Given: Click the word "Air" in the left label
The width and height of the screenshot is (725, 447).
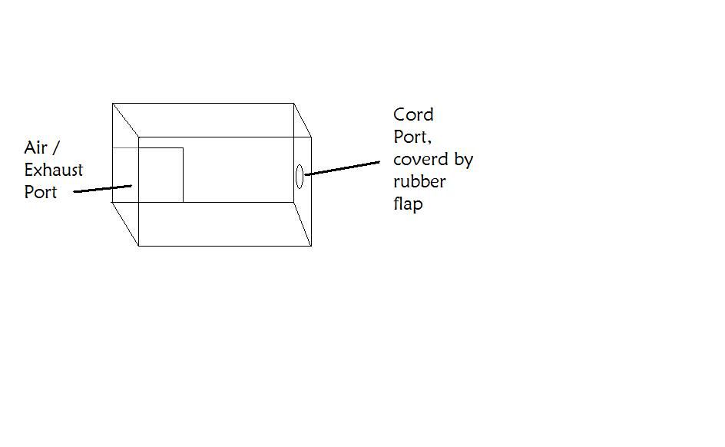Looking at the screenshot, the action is (x=35, y=148).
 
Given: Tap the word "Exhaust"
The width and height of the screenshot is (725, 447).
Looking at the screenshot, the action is (x=54, y=170).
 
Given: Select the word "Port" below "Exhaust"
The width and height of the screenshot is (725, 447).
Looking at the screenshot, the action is (x=41, y=192).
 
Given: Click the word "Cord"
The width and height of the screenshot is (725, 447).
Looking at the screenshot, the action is (x=413, y=114).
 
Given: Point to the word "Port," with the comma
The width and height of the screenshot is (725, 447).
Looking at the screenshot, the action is (x=412, y=137).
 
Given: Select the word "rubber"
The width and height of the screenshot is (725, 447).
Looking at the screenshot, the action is (x=419, y=181).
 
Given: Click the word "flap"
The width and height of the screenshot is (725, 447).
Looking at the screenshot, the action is (x=409, y=204).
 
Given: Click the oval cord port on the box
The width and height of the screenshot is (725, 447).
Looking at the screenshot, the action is (x=296, y=177).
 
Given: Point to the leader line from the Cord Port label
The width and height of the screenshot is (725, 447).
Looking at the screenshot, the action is (x=343, y=168).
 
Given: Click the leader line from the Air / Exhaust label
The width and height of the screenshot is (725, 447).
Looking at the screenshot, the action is (x=103, y=189).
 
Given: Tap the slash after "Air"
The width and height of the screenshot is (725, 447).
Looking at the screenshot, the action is (x=56, y=148).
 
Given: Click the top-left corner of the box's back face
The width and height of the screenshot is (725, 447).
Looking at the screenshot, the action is (x=112, y=104).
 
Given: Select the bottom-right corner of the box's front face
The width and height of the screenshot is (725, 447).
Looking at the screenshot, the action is (x=311, y=246).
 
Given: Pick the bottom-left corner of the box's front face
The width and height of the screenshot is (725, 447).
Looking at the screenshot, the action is (x=139, y=246).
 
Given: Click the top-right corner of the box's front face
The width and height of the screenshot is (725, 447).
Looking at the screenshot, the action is (x=311, y=137).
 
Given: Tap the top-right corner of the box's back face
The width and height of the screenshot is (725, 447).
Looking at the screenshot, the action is (x=293, y=104).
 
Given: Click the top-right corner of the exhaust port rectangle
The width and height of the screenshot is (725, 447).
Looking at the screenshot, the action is (x=183, y=148).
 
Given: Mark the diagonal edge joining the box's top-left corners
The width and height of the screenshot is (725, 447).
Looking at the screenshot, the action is (x=125, y=120).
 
